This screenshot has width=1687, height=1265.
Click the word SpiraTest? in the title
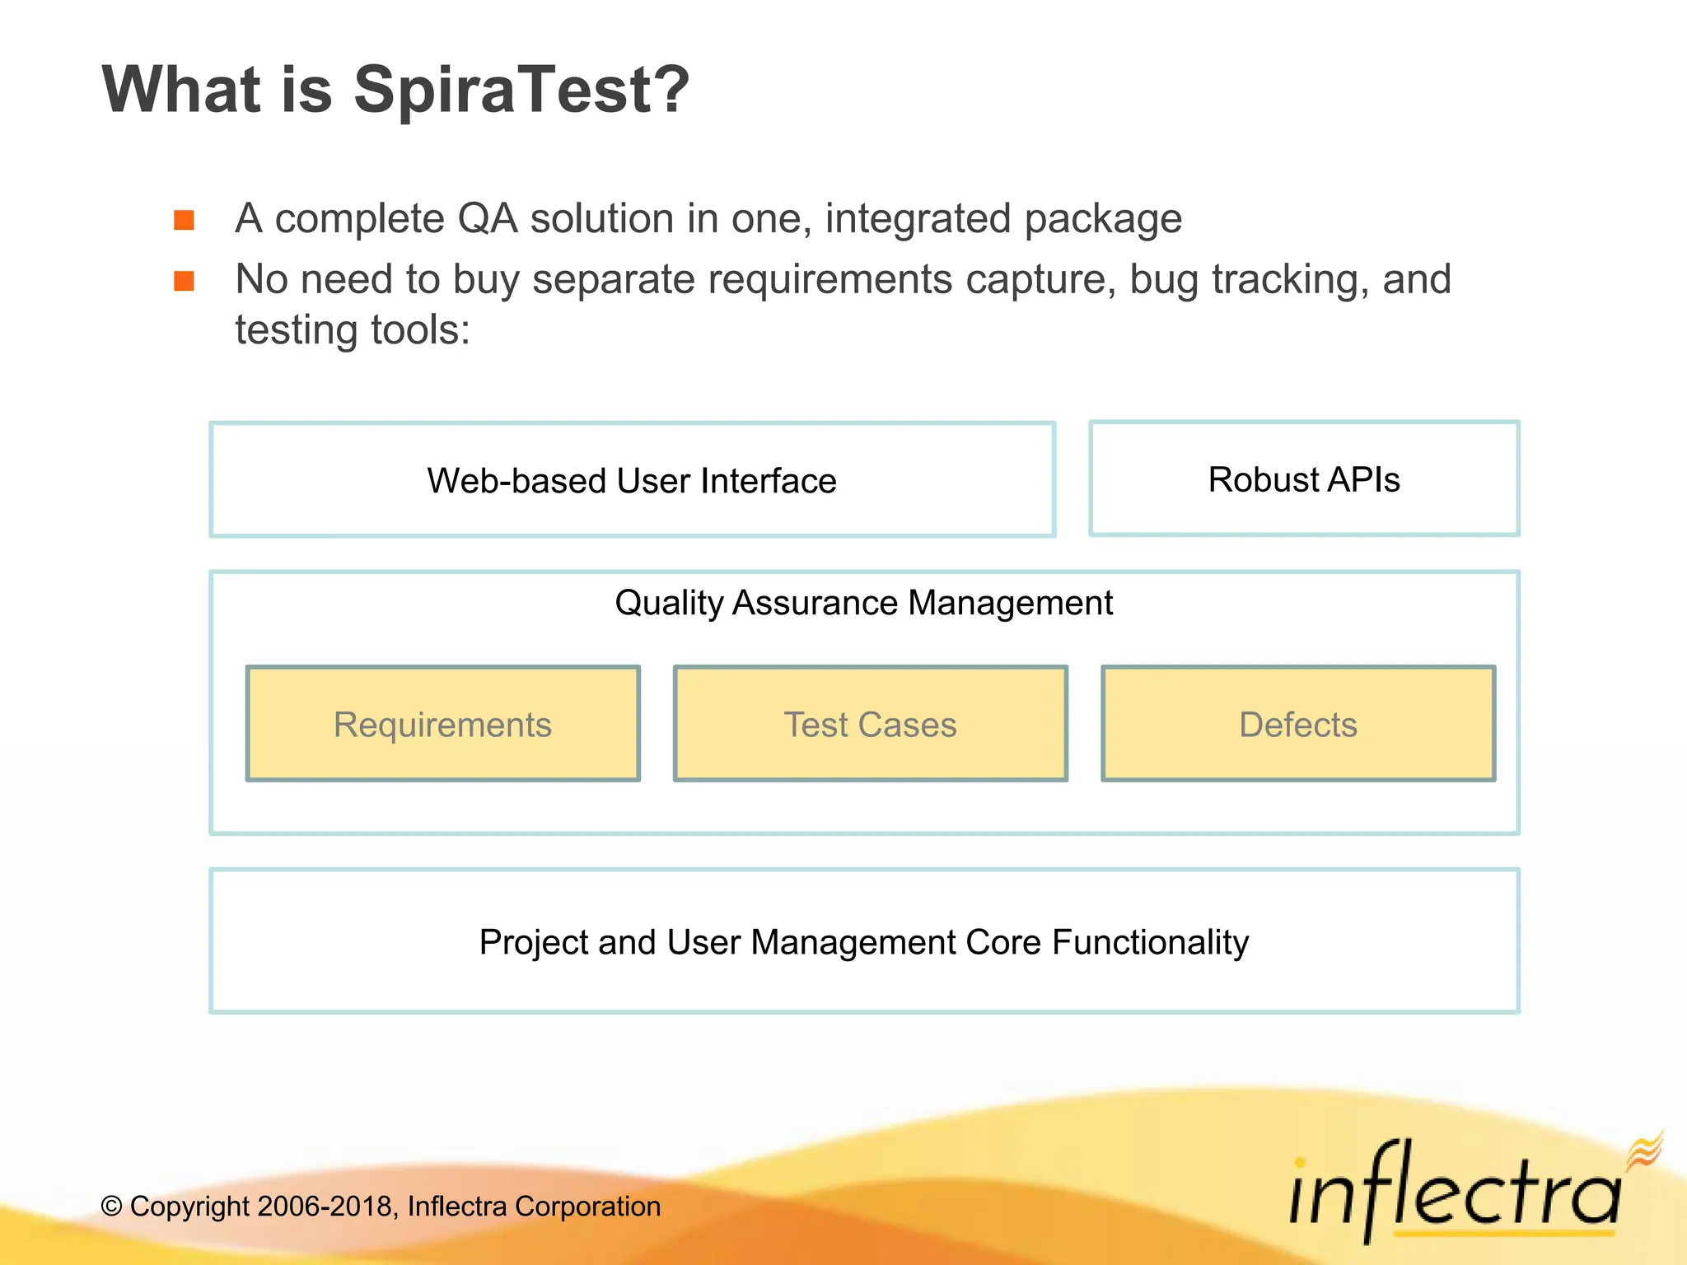point(521,91)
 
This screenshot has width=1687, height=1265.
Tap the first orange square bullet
point(184,220)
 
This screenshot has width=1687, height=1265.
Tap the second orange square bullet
point(184,282)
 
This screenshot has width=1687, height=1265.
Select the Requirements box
point(442,724)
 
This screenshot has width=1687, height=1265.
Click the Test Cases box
point(870,724)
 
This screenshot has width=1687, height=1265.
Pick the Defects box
point(1297,724)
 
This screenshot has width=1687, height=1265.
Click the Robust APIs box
point(1303,479)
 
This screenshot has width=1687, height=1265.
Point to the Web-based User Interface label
point(632,481)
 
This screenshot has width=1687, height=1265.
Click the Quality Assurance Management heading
point(863,603)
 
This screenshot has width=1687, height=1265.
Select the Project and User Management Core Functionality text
point(863,942)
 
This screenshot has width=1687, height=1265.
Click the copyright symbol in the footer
point(111,1207)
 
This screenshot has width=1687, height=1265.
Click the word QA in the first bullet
point(487,219)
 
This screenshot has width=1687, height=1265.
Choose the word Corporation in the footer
point(587,1207)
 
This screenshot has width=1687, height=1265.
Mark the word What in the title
point(181,91)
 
